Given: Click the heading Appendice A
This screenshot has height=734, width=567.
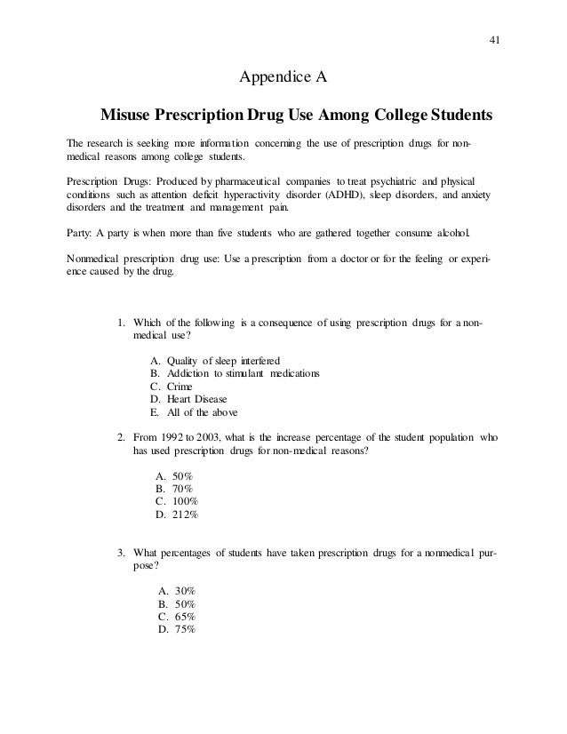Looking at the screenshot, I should click(283, 77).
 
